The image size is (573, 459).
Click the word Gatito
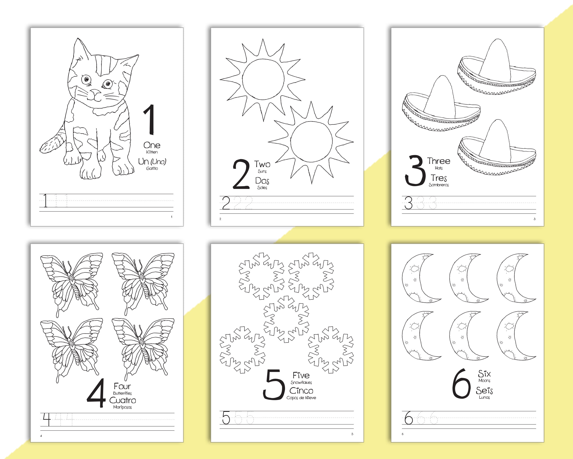click(x=152, y=169)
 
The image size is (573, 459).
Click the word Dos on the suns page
click(x=262, y=181)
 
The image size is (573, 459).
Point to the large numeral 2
click(x=241, y=174)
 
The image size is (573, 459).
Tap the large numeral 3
click(x=415, y=171)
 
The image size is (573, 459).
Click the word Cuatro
click(x=122, y=400)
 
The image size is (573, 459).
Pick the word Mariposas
click(x=122, y=407)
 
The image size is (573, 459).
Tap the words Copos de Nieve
click(x=301, y=398)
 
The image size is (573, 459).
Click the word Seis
click(x=484, y=391)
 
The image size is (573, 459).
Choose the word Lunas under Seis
click(x=484, y=397)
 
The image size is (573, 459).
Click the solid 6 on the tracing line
click(x=409, y=418)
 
